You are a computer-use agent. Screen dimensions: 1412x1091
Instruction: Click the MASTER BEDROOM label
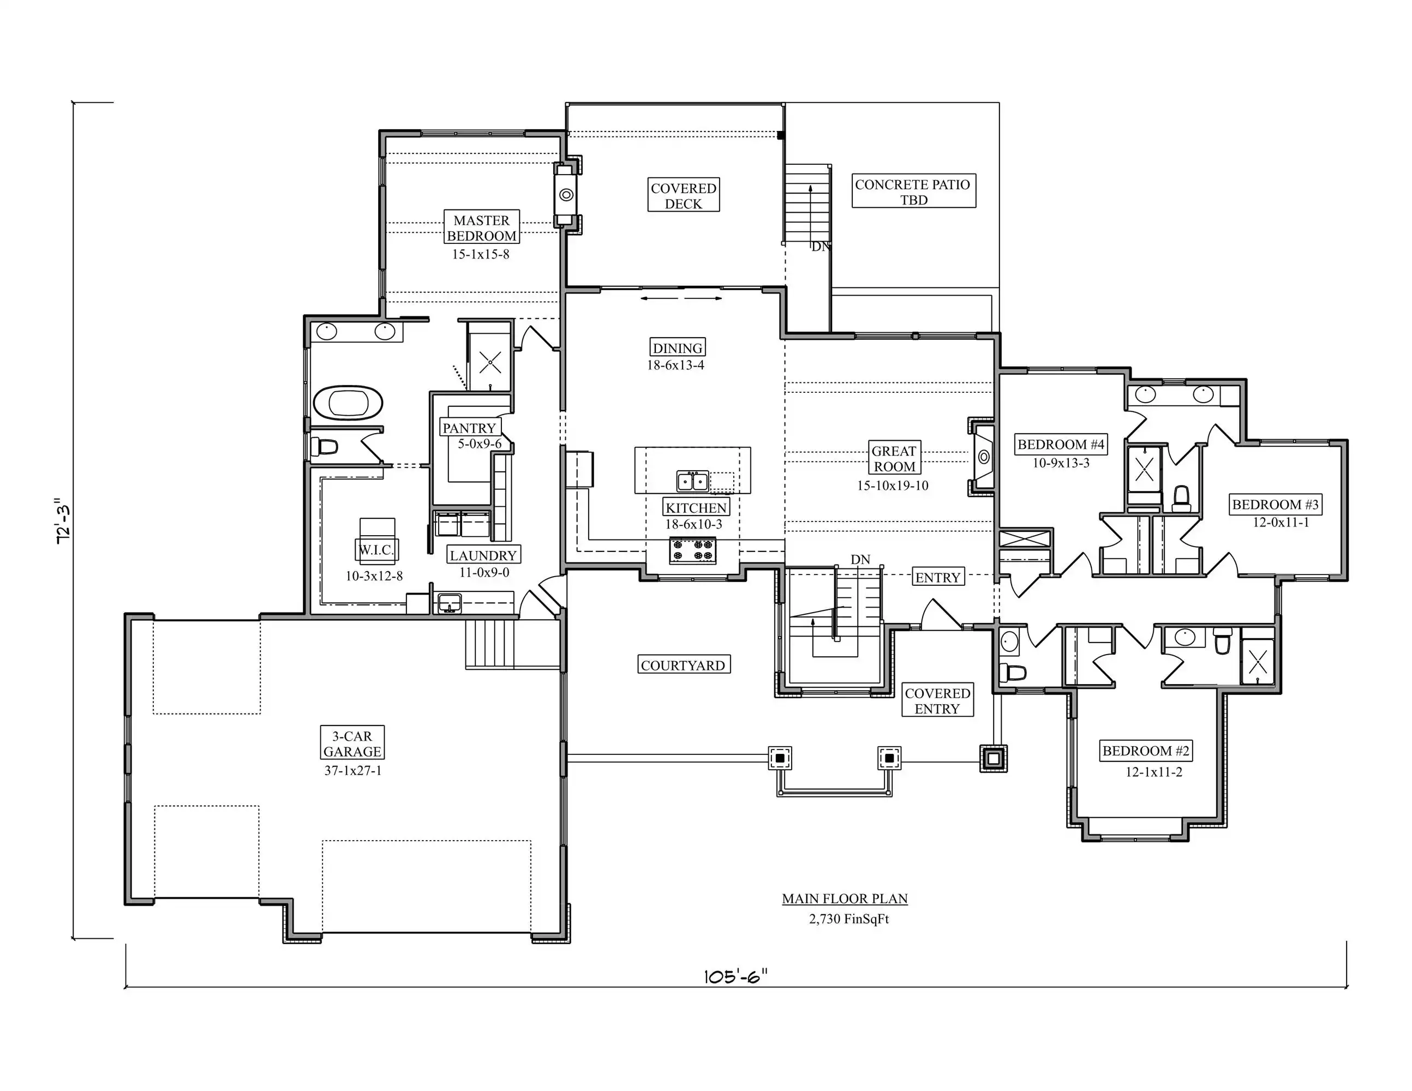(482, 227)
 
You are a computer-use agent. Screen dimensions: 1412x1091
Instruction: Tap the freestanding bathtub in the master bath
(348, 403)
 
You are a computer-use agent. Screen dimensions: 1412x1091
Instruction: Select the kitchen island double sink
(692, 482)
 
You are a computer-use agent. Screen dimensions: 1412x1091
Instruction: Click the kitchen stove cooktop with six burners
(692, 550)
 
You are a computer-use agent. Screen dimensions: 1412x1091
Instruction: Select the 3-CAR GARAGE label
(352, 744)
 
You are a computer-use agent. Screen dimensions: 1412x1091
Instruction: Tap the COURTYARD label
(684, 665)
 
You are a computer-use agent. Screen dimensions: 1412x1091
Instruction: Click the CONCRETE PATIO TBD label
(913, 191)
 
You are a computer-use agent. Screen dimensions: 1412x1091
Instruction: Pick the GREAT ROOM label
(894, 458)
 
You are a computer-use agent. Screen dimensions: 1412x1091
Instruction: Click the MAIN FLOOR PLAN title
(845, 898)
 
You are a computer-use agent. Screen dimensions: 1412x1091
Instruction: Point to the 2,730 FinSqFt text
(849, 919)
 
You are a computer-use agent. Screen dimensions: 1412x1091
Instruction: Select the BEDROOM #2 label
(1146, 751)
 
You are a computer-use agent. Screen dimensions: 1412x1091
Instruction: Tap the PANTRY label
(469, 427)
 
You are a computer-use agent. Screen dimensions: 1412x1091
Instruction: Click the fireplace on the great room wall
(982, 457)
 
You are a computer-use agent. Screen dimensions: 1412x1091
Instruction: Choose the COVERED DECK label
(684, 195)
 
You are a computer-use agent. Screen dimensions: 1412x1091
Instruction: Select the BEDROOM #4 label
(1061, 444)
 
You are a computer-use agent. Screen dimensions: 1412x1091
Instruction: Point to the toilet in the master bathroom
(325, 447)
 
